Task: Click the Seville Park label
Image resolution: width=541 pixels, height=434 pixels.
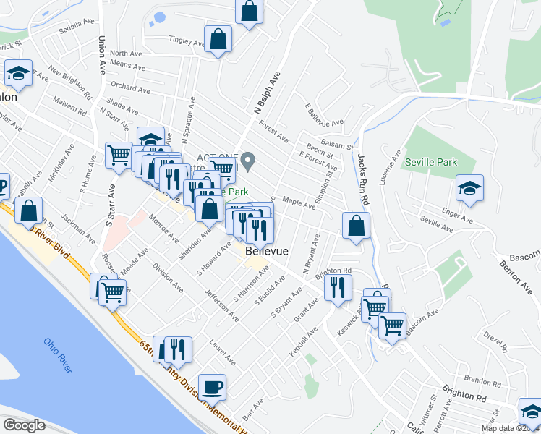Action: click(x=431, y=162)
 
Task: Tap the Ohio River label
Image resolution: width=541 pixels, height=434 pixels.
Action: click(x=59, y=355)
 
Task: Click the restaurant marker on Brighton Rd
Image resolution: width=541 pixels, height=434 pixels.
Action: click(x=338, y=287)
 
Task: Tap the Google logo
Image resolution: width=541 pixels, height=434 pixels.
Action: click(x=24, y=425)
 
